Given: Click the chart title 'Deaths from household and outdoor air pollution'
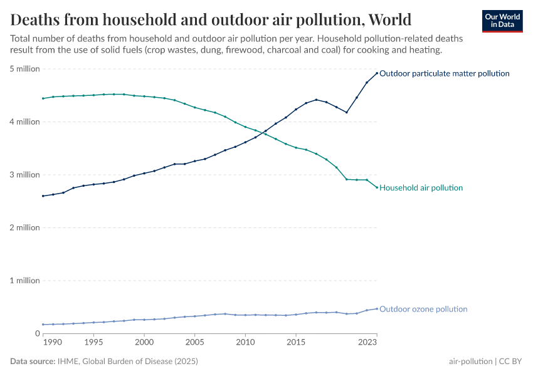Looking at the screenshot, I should (211, 19).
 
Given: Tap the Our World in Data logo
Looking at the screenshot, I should (502, 21).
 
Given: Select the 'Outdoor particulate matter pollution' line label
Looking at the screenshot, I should (444, 73).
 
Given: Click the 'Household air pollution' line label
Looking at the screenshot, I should (421, 188).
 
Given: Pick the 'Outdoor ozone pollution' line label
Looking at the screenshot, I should (423, 309).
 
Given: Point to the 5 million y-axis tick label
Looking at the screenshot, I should (24, 69).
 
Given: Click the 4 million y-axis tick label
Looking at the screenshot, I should (24, 122).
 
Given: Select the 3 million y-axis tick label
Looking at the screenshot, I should (24, 175).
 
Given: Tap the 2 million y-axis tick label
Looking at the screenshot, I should (24, 227).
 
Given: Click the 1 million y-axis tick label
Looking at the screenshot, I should (24, 281).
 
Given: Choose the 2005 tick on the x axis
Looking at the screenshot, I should (194, 343).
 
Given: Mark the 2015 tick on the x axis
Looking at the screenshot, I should (295, 343).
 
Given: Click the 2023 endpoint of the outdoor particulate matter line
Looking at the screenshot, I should (377, 73).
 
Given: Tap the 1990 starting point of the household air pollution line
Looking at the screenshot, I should (43, 98).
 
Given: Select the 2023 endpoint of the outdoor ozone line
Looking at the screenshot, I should (377, 308).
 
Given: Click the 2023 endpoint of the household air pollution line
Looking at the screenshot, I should (377, 187).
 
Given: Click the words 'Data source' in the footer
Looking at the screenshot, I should (31, 362).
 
